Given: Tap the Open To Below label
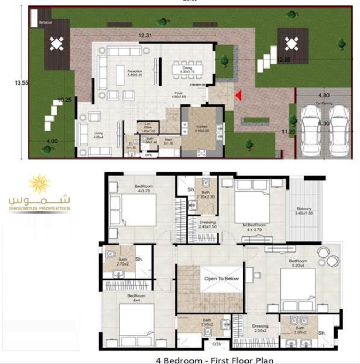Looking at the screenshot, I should pos(221,279).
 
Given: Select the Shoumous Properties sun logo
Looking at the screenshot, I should pos(40,184).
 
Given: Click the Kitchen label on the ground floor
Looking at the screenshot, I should pos(201,128).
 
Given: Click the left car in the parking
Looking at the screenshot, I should pos(309,129).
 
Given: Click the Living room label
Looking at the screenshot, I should pos(98,135).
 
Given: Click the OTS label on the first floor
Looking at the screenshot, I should pos(217,344).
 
